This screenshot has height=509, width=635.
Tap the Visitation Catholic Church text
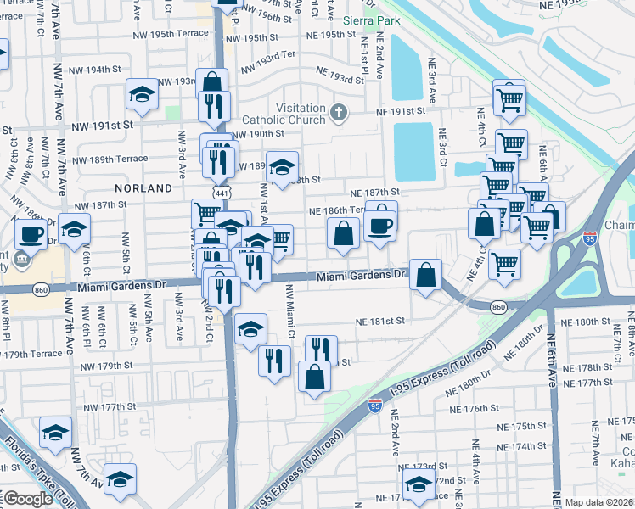click(284, 114)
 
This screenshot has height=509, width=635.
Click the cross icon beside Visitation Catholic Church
click(338, 112)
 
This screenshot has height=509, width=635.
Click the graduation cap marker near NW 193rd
click(142, 95)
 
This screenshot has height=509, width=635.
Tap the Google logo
click(28, 499)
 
